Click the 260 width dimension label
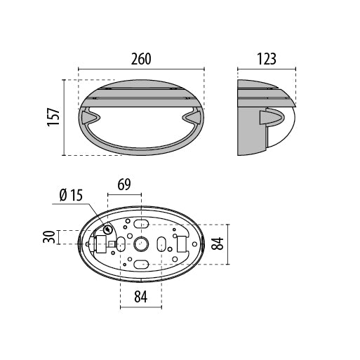click(x=141, y=59)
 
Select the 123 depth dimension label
click(x=267, y=59)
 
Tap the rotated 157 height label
click(x=53, y=117)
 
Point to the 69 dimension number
click(x=124, y=185)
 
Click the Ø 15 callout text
click(x=71, y=195)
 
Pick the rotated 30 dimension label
click(x=49, y=236)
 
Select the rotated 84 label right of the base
click(x=218, y=244)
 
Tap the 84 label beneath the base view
click(x=141, y=297)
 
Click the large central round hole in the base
click(x=141, y=244)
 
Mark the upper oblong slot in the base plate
click(x=141, y=224)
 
